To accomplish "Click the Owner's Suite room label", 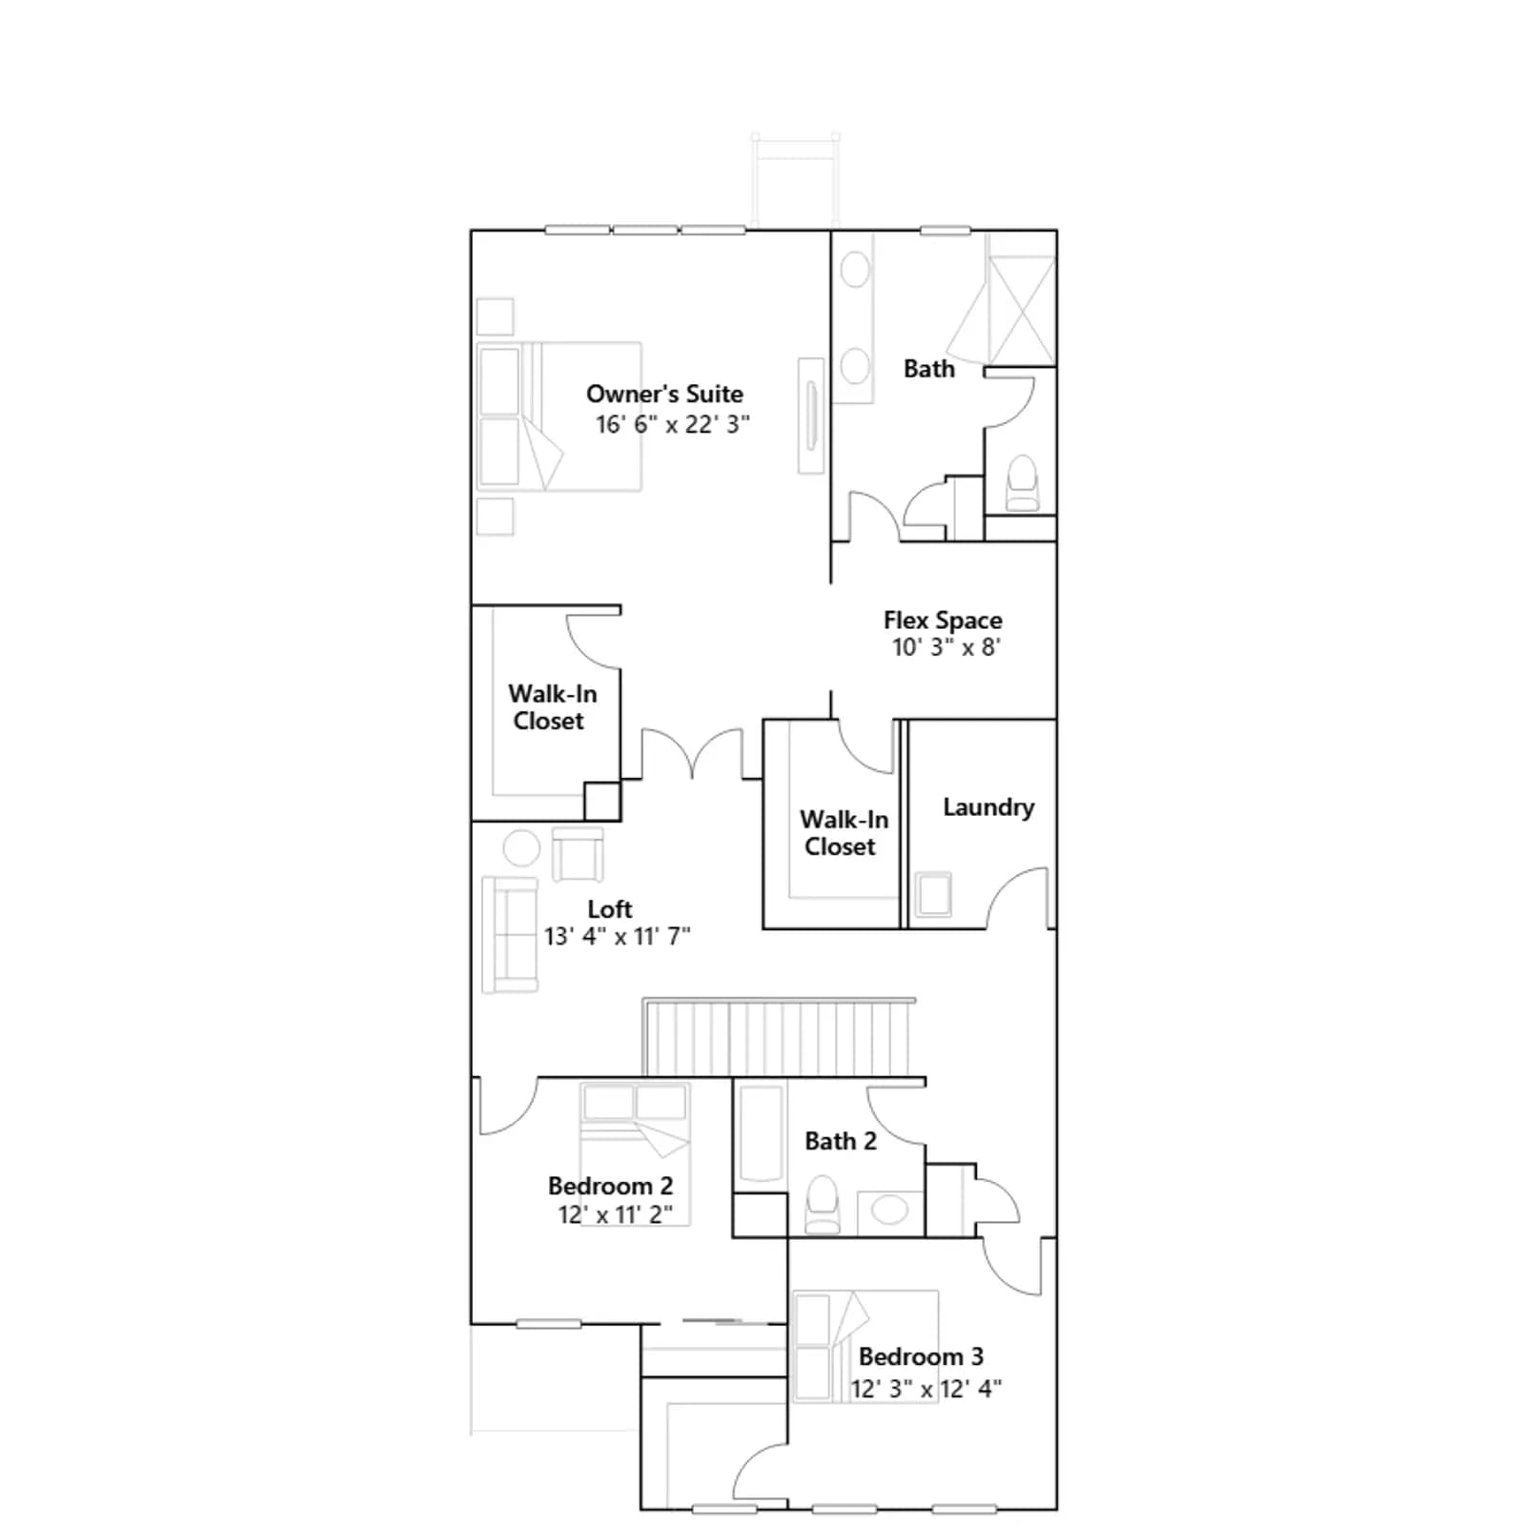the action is tap(664, 394).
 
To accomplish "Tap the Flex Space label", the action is tap(943, 620).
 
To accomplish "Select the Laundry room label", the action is tap(988, 807).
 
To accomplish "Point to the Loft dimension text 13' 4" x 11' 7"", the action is tap(617, 936).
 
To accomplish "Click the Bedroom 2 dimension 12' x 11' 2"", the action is tap(615, 1214).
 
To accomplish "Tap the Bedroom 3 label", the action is tap(921, 1356).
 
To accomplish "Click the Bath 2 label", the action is tap(840, 1141).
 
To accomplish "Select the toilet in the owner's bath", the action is tap(1022, 483).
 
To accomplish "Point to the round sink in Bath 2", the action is tap(890, 1210).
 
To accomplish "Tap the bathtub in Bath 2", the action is tap(761, 1135).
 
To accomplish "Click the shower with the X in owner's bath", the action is tap(1021, 298).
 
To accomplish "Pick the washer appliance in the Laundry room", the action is tap(933, 895).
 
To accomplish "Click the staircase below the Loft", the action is tap(779, 1037).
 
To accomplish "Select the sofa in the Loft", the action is tap(510, 935).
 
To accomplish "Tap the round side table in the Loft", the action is tap(521, 847).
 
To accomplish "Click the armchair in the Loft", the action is tap(578, 854).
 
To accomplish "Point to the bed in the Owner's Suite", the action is tap(559, 417).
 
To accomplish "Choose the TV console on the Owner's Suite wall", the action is tap(811, 416).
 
